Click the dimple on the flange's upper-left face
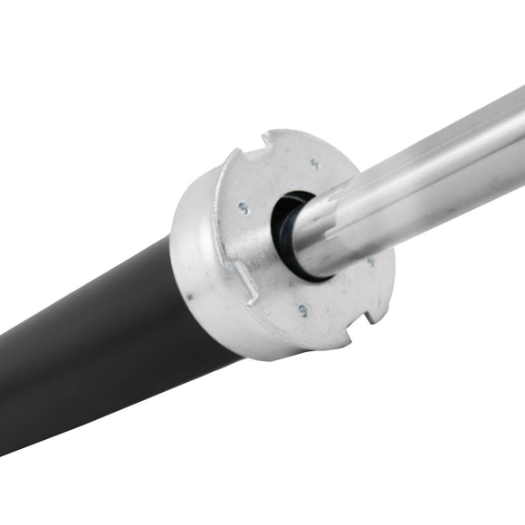pyautogui.click(x=243, y=207)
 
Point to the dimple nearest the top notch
pyautogui.click(x=314, y=164)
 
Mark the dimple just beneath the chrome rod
pyautogui.click(x=369, y=262)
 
